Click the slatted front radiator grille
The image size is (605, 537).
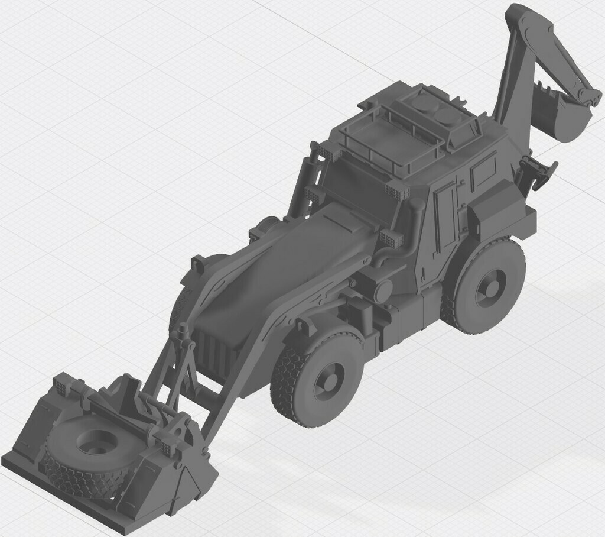215,352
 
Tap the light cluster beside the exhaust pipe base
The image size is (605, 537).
389,239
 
